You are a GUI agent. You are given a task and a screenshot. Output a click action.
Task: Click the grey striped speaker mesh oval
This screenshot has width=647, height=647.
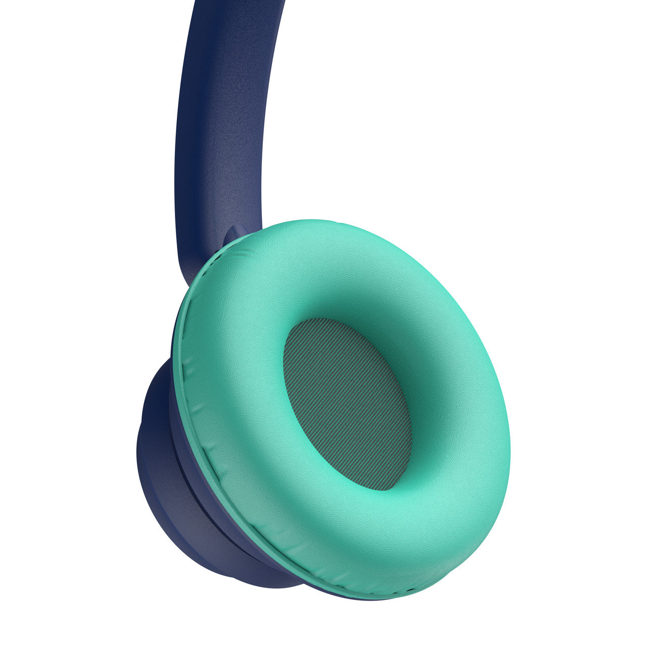(348, 404)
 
